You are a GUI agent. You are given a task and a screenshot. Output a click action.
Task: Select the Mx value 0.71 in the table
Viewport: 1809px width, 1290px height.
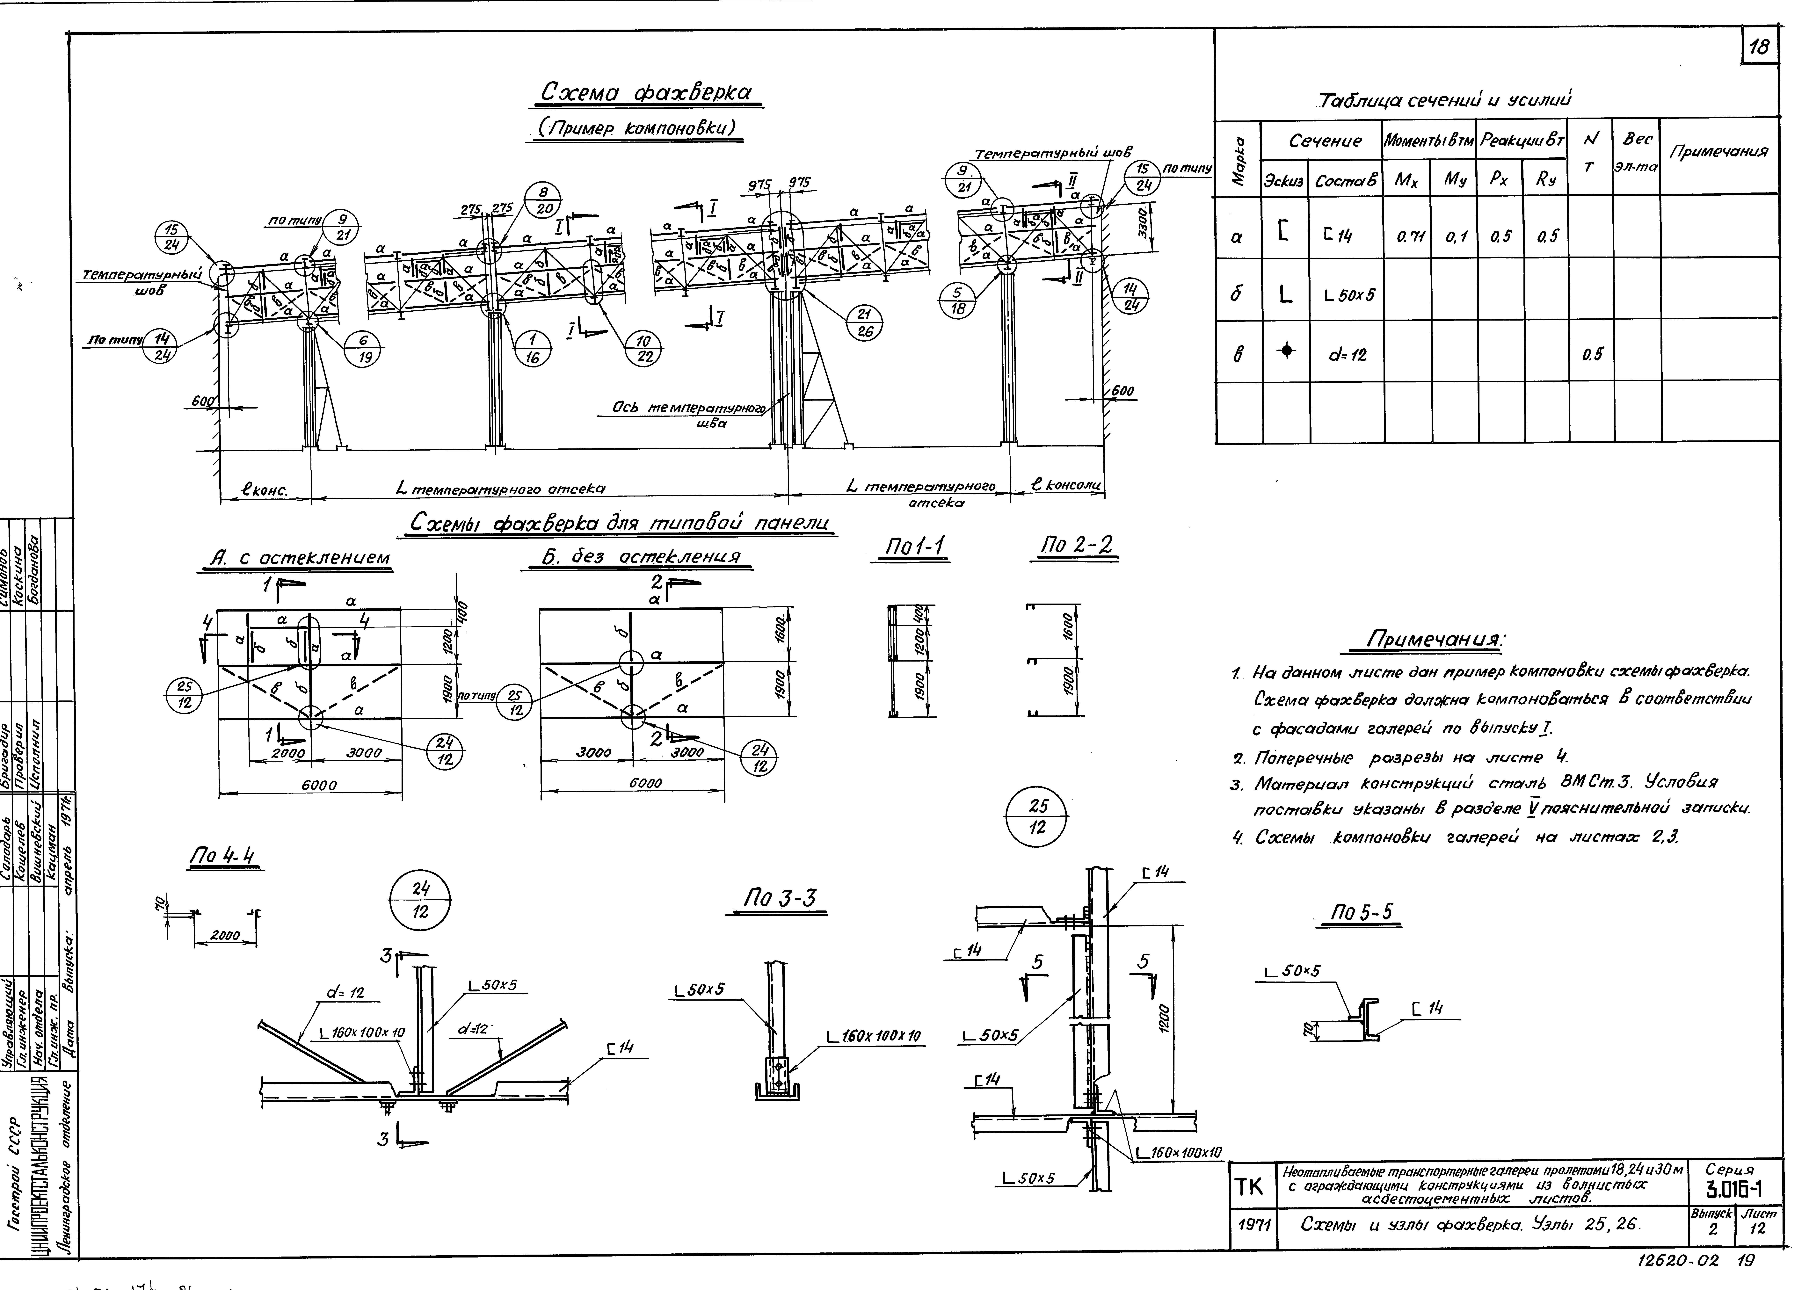[1407, 236]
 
